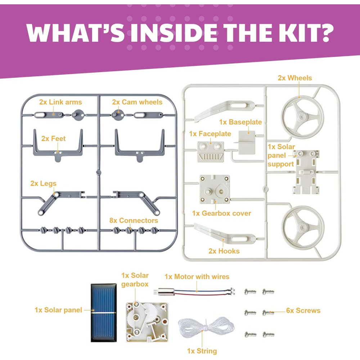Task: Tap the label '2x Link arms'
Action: coord(60,102)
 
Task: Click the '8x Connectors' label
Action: coord(134,220)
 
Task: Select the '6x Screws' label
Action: coord(303,310)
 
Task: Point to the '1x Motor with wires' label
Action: coord(197,276)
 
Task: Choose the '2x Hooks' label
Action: coord(224,251)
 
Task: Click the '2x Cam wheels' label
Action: coord(137,102)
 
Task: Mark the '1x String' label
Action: coord(202,351)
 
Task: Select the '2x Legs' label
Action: coord(44,183)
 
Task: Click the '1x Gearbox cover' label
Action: coord(221,213)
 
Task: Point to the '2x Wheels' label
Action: coord(295,78)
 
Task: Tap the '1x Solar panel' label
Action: coord(58,310)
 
